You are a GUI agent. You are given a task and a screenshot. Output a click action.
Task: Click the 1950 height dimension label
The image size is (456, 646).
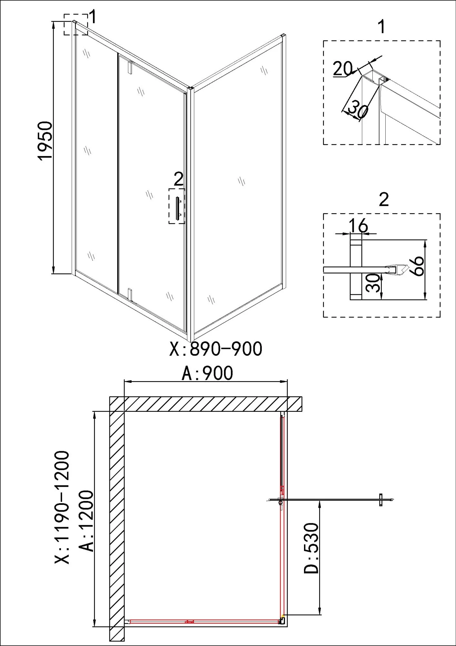(45, 141)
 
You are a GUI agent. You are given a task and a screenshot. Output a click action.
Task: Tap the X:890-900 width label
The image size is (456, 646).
(216, 349)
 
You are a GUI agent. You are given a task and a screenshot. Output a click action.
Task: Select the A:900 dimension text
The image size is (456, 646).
(207, 374)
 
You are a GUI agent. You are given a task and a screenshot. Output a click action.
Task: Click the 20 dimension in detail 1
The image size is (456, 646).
(342, 68)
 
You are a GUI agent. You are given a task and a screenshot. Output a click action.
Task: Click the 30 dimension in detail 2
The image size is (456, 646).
(373, 283)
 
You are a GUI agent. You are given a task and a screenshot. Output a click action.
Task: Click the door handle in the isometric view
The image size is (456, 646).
(177, 209)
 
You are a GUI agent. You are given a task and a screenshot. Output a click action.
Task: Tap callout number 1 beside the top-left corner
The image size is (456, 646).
(93, 18)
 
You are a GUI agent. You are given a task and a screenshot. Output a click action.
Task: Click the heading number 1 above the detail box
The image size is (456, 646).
(382, 27)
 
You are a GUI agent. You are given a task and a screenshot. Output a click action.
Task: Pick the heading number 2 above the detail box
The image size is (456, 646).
(383, 200)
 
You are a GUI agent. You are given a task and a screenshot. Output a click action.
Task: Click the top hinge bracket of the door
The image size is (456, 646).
(130, 67)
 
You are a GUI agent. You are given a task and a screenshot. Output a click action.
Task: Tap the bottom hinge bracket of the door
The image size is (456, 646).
(130, 293)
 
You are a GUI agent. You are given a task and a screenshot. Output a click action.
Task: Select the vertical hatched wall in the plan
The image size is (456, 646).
(117, 523)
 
